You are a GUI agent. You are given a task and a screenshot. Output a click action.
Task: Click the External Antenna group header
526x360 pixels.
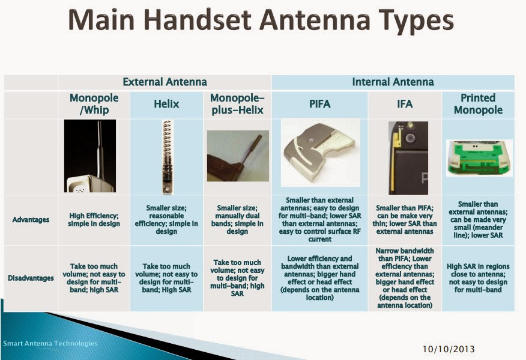click(x=165, y=82)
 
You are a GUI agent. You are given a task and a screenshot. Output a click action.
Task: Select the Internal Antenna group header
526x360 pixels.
click(x=393, y=82)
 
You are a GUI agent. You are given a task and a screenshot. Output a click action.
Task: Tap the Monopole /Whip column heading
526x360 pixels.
click(x=94, y=104)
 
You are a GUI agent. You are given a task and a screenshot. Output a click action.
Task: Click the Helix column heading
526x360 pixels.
click(x=166, y=104)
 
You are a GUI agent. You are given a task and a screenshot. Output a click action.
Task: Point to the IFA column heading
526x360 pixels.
click(x=405, y=104)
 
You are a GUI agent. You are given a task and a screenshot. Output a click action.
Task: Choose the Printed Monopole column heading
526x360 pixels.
click(x=478, y=104)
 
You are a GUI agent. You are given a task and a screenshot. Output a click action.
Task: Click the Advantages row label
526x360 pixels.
click(x=31, y=219)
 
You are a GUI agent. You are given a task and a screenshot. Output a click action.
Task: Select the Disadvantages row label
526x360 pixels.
click(x=31, y=278)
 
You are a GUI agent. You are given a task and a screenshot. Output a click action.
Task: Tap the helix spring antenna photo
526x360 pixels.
click(x=166, y=156)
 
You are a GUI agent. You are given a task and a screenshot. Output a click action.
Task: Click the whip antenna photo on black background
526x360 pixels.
click(x=90, y=156)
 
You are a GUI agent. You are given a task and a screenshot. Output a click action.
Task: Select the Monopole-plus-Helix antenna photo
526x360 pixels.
click(x=237, y=156)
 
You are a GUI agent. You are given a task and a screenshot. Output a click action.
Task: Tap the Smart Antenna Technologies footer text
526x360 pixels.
click(x=50, y=343)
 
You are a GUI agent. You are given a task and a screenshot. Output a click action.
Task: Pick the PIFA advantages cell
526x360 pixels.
click(x=319, y=219)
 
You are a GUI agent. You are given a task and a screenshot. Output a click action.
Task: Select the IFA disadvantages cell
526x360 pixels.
click(x=405, y=278)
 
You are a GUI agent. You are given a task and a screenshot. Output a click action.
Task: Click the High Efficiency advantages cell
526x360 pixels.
click(x=94, y=219)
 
